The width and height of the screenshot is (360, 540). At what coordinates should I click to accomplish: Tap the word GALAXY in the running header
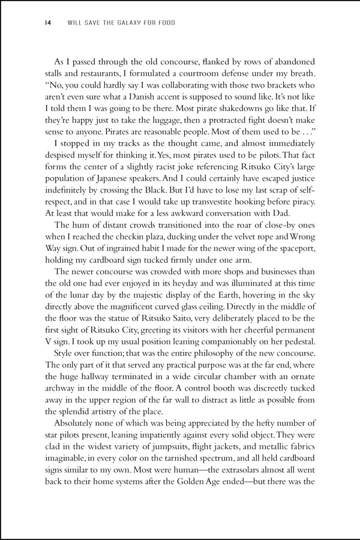pyautogui.click(x=110, y=23)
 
